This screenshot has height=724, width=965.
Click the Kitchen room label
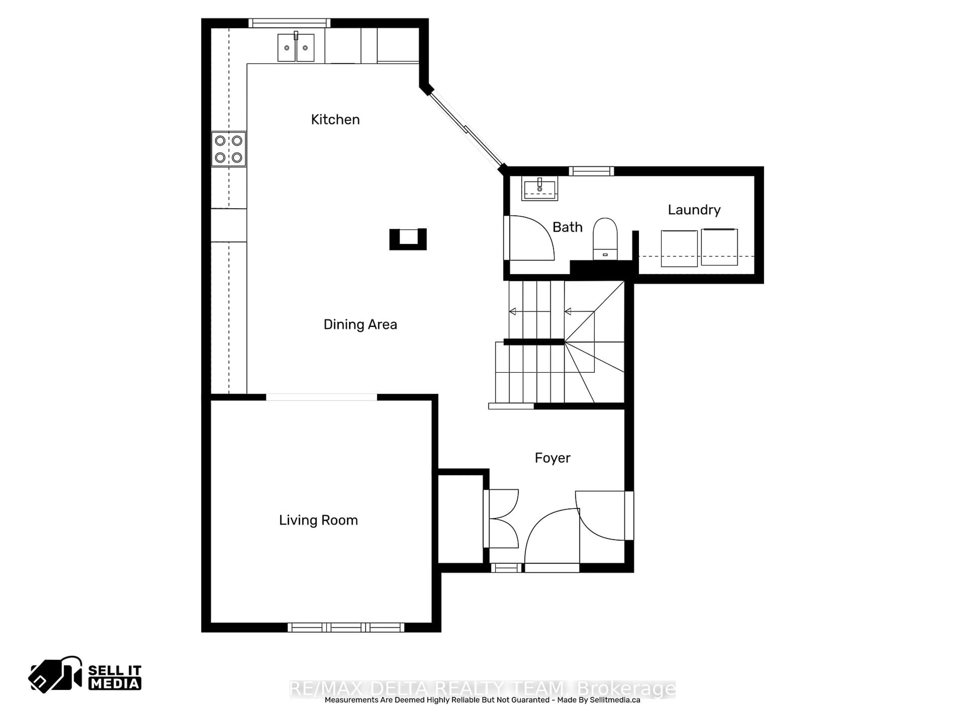tap(335, 120)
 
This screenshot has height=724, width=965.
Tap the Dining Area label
tap(360, 325)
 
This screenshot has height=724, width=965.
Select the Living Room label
tap(318, 520)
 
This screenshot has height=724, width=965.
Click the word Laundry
tap(694, 210)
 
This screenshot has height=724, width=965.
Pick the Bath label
tap(567, 227)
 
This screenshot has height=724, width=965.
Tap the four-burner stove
tap(229, 149)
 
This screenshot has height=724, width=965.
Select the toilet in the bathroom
tap(605, 239)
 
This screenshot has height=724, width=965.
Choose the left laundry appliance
tap(679, 248)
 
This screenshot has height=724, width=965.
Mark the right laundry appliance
tap(719, 247)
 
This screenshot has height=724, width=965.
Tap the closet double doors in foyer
tap(503, 518)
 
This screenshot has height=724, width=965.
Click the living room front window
tap(346, 627)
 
